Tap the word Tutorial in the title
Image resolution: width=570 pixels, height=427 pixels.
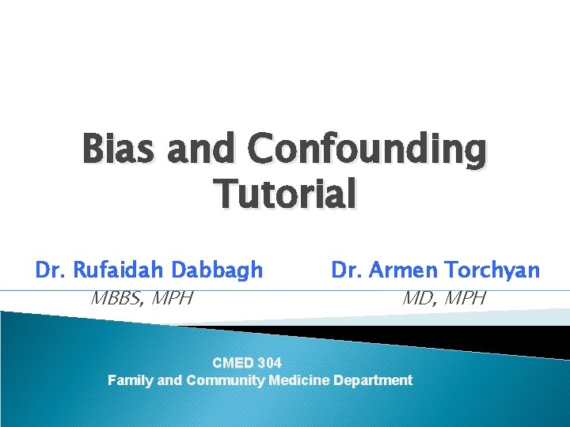pyautogui.click(x=285, y=195)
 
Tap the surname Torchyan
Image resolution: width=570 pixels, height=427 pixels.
pyautogui.click(x=493, y=270)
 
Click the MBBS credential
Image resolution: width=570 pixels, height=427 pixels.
pyautogui.click(x=117, y=299)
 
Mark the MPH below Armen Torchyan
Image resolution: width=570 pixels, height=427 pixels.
pyautogui.click(x=465, y=299)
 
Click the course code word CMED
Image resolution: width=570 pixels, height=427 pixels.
pyautogui.click(x=234, y=363)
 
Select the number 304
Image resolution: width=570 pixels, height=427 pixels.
pyautogui.click(x=269, y=363)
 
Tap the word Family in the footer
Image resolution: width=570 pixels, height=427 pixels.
pyautogui.click(x=131, y=380)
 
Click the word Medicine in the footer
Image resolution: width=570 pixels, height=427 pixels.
pyautogui.click(x=300, y=380)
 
